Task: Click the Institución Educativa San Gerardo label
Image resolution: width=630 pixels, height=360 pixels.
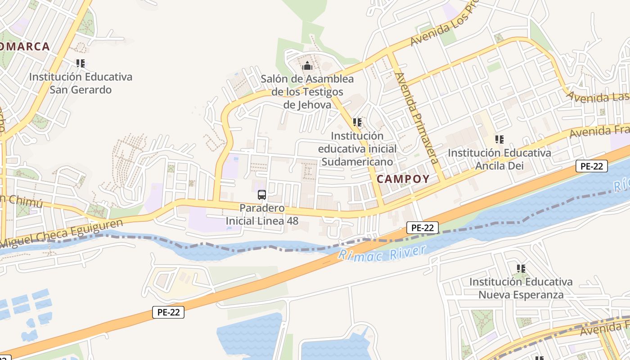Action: (81, 83)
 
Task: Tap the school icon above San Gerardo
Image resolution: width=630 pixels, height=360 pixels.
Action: (81, 63)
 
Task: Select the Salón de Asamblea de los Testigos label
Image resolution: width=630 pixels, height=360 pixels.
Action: (307, 92)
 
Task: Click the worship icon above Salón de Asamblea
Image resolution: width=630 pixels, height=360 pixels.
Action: (307, 66)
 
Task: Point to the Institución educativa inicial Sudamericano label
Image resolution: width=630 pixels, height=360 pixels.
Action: (358, 148)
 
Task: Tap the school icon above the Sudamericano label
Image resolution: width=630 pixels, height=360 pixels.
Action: (357, 122)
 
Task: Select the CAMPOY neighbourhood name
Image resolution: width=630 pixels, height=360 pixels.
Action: (403, 179)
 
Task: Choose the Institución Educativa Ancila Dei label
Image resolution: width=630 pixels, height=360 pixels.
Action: (499, 159)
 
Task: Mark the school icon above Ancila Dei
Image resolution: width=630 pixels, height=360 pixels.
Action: (499, 139)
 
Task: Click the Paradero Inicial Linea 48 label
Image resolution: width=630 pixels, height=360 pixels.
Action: (262, 215)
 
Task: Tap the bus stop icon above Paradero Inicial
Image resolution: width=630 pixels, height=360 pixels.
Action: (262, 195)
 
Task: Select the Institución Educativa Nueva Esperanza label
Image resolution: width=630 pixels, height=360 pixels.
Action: (521, 288)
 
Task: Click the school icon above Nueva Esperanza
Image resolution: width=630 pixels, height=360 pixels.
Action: (521, 269)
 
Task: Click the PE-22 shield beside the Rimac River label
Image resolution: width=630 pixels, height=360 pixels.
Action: (423, 228)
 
